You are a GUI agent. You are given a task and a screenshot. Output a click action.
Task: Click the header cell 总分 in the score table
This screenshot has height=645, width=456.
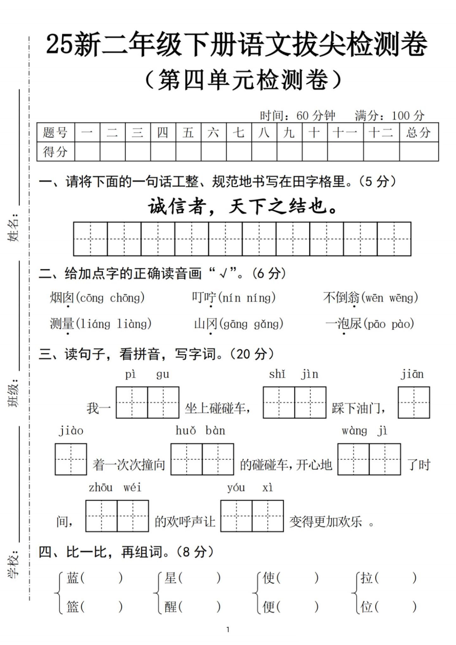coord(419,132)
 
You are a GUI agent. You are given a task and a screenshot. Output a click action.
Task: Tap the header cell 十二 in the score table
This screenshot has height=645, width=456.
coord(381,132)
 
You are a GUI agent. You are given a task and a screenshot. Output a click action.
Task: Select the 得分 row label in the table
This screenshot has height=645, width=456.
coord(55,152)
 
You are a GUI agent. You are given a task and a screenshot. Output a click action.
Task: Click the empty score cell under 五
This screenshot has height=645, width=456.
coord(188,152)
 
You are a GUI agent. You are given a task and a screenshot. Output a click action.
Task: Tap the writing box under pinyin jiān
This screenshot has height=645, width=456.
coord(414,402)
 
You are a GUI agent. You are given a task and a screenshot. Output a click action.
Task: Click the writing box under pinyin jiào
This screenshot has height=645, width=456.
coord(71,459)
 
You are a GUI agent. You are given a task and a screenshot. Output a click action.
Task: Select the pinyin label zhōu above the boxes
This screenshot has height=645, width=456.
coord(100,487)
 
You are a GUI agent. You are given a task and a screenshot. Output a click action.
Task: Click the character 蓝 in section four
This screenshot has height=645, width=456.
coord(73,578)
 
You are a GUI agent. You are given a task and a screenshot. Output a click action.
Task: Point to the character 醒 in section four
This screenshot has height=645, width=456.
coord(170,606)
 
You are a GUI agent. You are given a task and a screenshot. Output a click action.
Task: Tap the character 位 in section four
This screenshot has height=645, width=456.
coord(366,606)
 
